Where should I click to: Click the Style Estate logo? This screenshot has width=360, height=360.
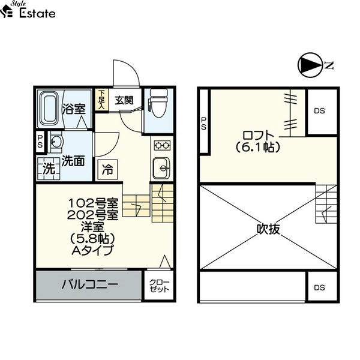[28, 10]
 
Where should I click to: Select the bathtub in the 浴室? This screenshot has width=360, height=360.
[50, 108]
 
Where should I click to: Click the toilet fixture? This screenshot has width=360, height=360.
[158, 103]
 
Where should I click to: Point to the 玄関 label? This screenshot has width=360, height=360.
[124, 100]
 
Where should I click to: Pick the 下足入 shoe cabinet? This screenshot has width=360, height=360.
[101, 100]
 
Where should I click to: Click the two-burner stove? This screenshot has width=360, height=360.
[162, 145]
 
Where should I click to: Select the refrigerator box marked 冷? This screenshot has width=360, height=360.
[107, 169]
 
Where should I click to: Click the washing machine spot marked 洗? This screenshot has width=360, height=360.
[49, 169]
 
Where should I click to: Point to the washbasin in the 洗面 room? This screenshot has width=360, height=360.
[56, 142]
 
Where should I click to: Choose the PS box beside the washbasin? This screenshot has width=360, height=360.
[40, 142]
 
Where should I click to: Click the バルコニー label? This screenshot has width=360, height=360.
[90, 284]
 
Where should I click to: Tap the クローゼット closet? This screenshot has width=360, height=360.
[159, 286]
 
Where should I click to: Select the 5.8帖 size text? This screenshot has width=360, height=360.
[92, 239]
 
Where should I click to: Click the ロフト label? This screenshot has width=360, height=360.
[258, 136]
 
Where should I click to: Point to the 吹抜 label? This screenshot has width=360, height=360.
[268, 229]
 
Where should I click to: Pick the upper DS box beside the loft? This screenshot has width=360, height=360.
[322, 111]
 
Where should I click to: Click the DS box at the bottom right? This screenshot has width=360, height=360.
[322, 287]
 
